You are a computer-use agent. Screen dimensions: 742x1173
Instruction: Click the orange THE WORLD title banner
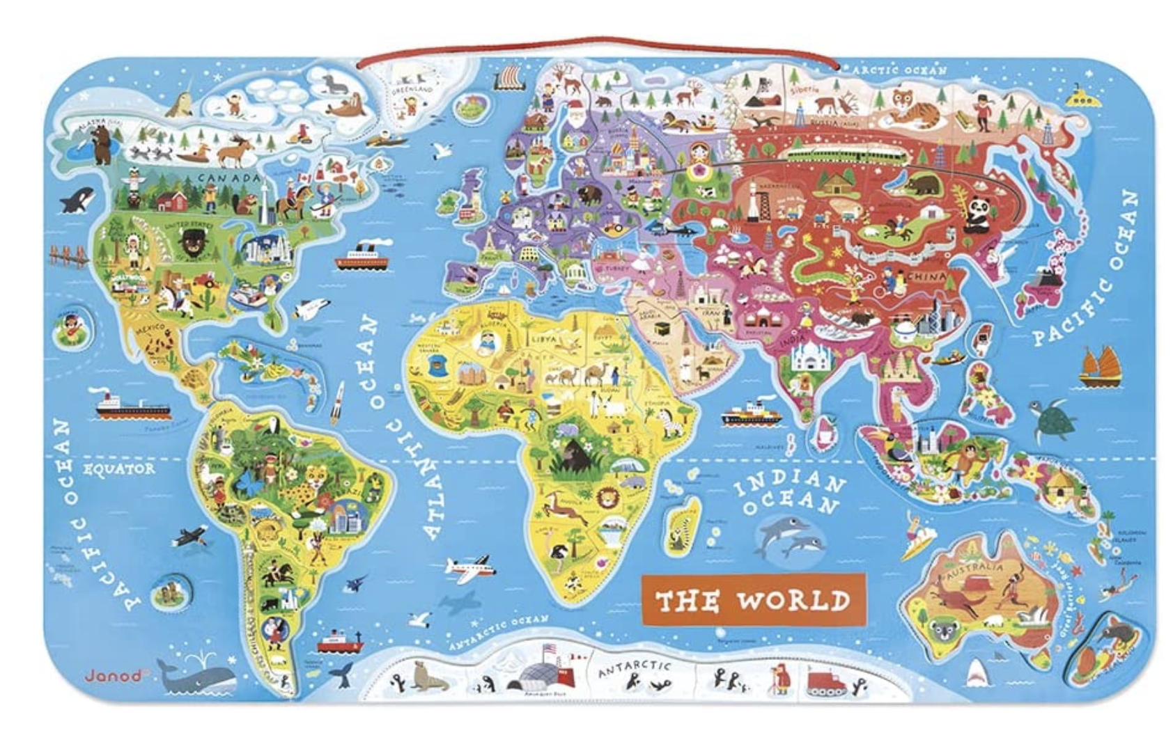(x=753, y=599)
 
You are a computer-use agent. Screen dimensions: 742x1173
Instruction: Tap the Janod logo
(x=114, y=675)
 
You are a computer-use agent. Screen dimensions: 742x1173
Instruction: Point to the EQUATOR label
(x=119, y=469)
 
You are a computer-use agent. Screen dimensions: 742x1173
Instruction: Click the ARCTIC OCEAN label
(x=901, y=70)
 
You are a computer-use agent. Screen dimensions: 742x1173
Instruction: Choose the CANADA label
(x=231, y=178)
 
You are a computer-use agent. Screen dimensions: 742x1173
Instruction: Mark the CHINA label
(x=926, y=276)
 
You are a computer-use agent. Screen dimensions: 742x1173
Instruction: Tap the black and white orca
(x=78, y=200)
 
